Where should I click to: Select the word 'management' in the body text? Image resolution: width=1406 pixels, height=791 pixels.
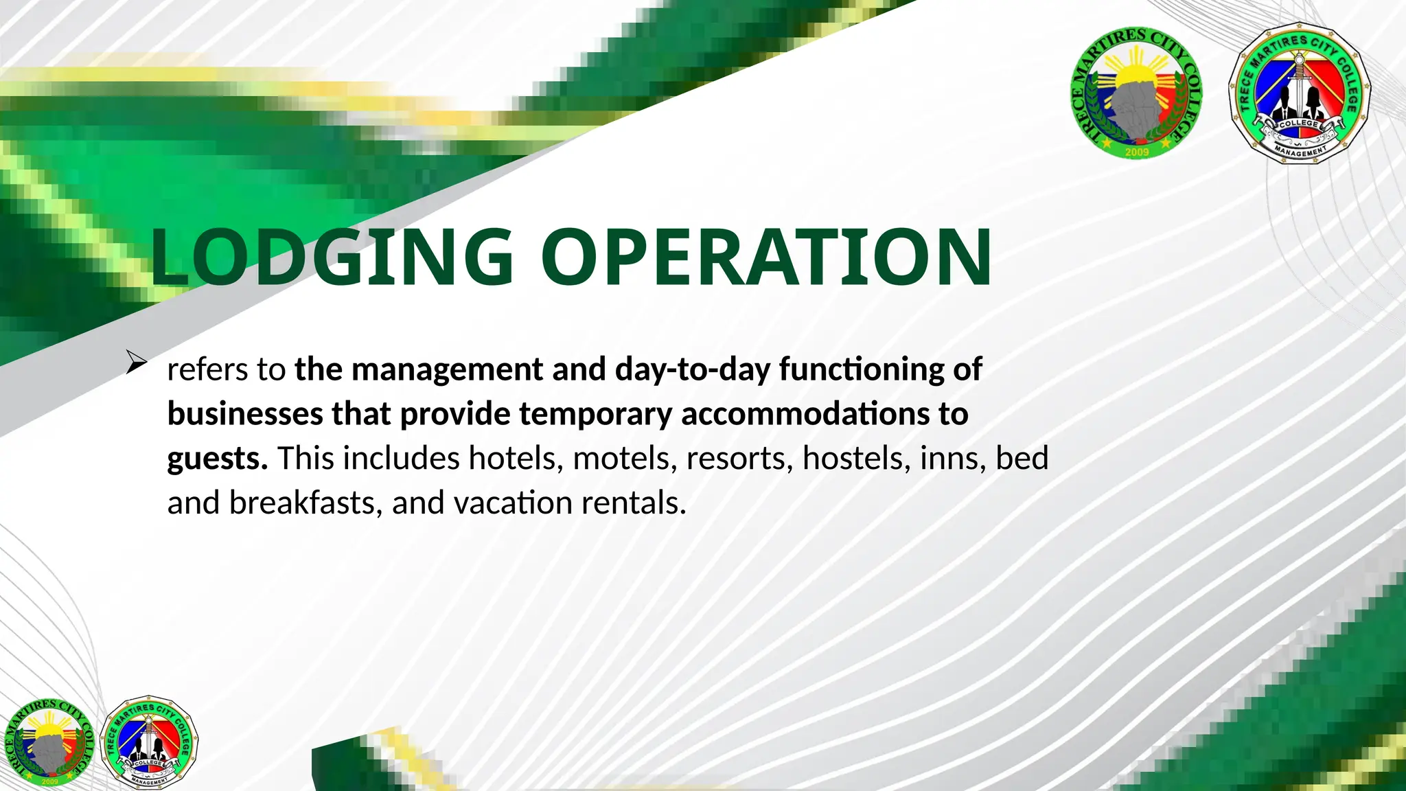(447, 369)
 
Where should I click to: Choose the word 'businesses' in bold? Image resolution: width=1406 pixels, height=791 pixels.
(245, 414)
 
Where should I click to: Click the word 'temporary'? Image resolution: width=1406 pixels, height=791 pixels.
(595, 414)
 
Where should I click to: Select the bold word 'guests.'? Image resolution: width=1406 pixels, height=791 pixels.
(218, 459)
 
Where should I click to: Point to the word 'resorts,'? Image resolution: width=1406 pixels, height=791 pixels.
(739, 459)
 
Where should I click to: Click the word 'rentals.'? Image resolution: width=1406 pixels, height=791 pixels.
(634, 503)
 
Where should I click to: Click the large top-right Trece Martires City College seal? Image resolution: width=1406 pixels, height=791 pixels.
(1137, 93)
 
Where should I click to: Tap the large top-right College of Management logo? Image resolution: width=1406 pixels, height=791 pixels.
(1299, 93)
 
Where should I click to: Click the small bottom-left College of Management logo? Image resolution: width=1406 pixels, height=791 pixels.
(149, 742)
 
